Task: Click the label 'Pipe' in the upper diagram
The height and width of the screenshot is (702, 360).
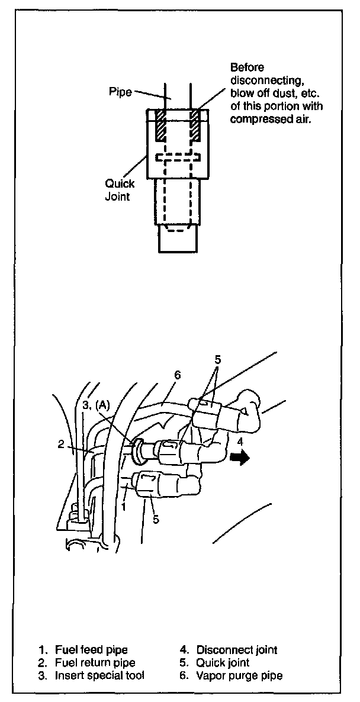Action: coord(120,92)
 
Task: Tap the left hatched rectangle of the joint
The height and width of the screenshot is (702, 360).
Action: coord(159,126)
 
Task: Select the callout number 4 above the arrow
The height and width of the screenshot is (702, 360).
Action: coord(239,441)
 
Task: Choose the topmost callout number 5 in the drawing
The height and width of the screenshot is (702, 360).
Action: coord(218,359)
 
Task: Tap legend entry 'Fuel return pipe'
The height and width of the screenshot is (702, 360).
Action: coord(95,662)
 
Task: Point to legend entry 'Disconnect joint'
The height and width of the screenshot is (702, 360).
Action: coord(236,650)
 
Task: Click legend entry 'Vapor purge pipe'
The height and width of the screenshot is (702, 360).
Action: coord(239,675)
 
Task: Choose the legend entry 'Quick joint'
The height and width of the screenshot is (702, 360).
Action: coord(223,662)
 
